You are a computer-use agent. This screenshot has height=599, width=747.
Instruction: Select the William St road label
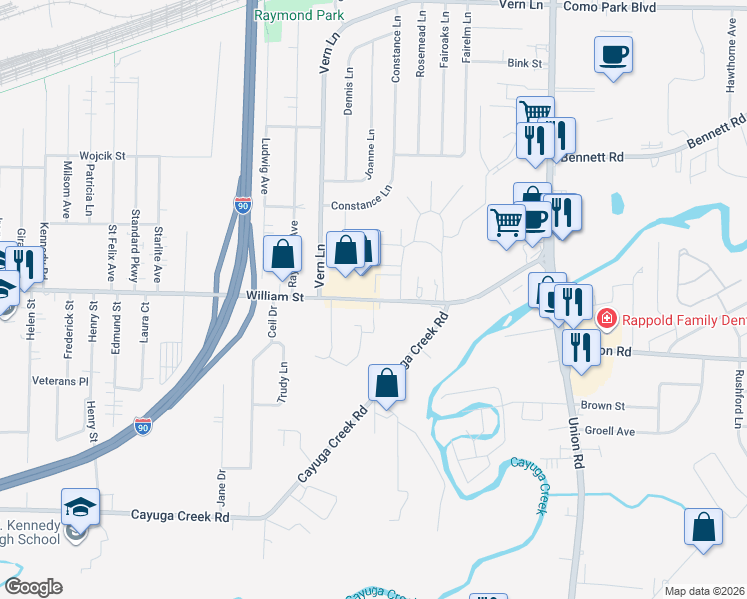point(274,297)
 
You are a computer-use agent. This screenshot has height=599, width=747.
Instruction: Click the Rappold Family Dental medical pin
point(606,319)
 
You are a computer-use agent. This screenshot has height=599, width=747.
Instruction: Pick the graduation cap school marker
point(80,509)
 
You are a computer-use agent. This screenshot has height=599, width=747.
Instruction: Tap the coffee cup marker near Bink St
point(613,55)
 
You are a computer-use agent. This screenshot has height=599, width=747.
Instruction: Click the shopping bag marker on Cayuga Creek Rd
point(386,383)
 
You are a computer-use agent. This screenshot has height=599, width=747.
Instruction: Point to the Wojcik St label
point(103,156)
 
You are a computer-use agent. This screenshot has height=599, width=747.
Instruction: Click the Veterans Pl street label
point(60,381)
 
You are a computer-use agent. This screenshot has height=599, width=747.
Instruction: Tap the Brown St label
point(602,406)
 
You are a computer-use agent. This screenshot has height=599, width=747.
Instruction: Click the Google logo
point(32,587)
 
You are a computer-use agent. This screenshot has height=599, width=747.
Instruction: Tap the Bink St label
point(523,63)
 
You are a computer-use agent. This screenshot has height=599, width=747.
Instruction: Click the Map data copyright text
point(703,591)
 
